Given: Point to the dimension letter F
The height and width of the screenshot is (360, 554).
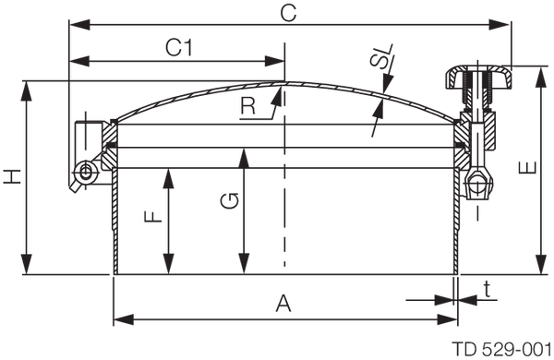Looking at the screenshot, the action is [150, 219].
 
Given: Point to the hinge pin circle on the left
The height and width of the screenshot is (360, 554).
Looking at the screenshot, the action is [86, 172].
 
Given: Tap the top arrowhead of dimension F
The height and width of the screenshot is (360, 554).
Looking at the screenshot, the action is [169, 172].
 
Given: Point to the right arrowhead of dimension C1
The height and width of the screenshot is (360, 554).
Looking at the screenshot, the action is [281, 64].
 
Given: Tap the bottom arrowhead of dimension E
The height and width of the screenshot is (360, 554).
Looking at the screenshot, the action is [539, 269].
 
